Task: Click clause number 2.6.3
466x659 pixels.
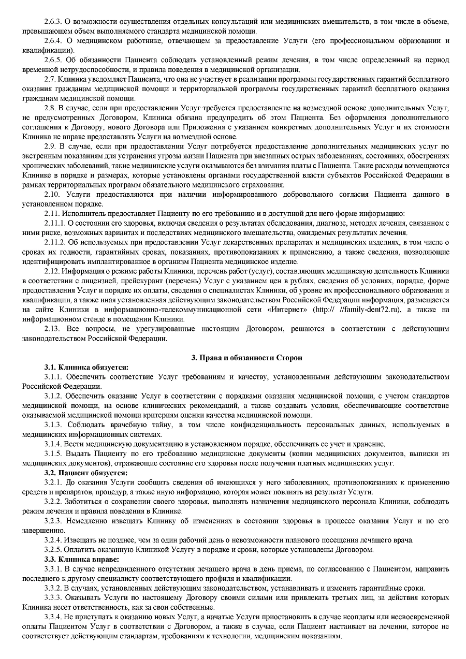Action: point(53,21)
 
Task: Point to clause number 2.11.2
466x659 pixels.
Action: point(55,242)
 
